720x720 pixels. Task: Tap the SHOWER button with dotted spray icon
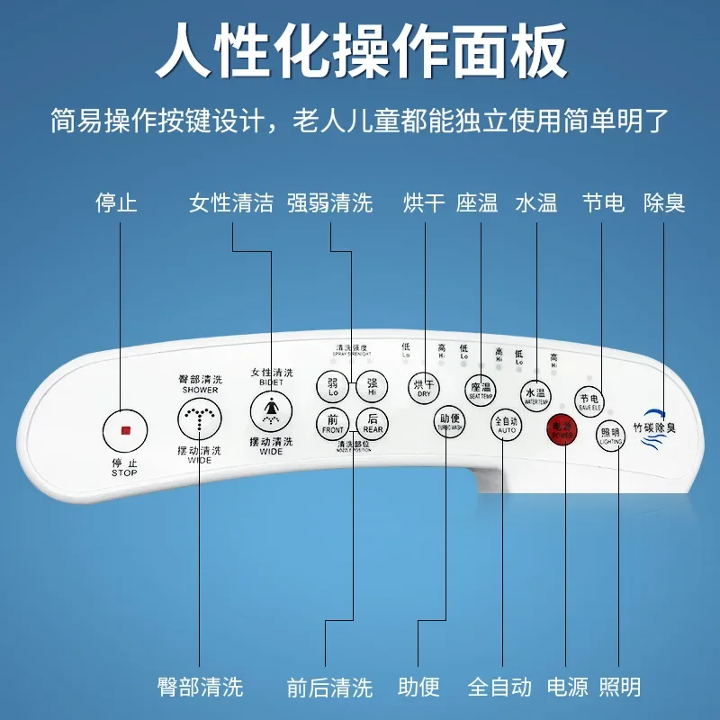(199, 418)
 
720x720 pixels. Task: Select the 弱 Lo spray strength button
(332, 388)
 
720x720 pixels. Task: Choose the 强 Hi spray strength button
(372, 388)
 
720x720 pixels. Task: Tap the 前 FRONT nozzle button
(332, 423)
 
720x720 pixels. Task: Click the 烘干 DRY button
(423, 388)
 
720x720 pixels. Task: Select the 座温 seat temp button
(481, 390)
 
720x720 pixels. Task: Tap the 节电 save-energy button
(589, 401)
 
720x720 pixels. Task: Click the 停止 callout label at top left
(117, 203)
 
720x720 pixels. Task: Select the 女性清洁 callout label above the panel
(231, 203)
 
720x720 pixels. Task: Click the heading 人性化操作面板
(360, 51)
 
